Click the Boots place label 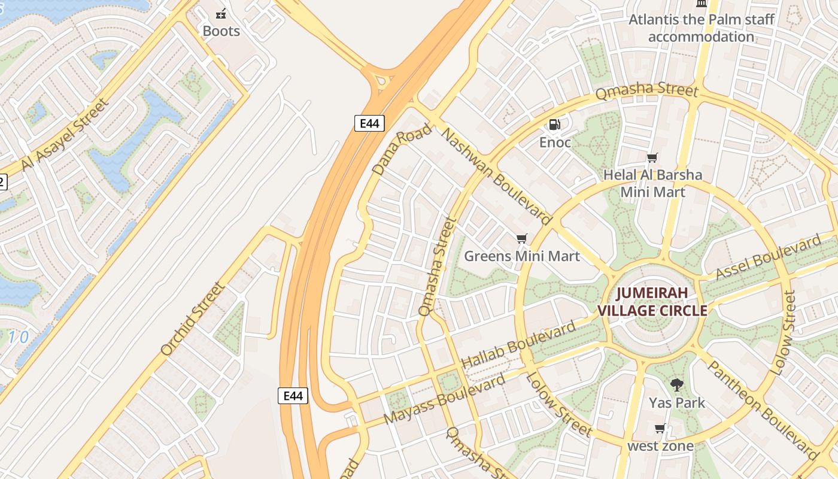[221, 31]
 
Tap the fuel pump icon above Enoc [555, 125]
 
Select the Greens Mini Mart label [522, 256]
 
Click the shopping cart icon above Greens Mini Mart [522, 239]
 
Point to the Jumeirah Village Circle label [652, 302]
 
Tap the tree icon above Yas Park [677, 385]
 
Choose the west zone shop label [660, 446]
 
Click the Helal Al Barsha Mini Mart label [652, 183]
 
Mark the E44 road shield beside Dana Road [369, 123]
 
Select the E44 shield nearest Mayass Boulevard [293, 395]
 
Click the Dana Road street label [401, 149]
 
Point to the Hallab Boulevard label [518, 345]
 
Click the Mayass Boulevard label [445, 400]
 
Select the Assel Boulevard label [769, 258]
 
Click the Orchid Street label [193, 319]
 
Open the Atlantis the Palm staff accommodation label [701, 28]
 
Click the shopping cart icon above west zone [660, 428]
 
